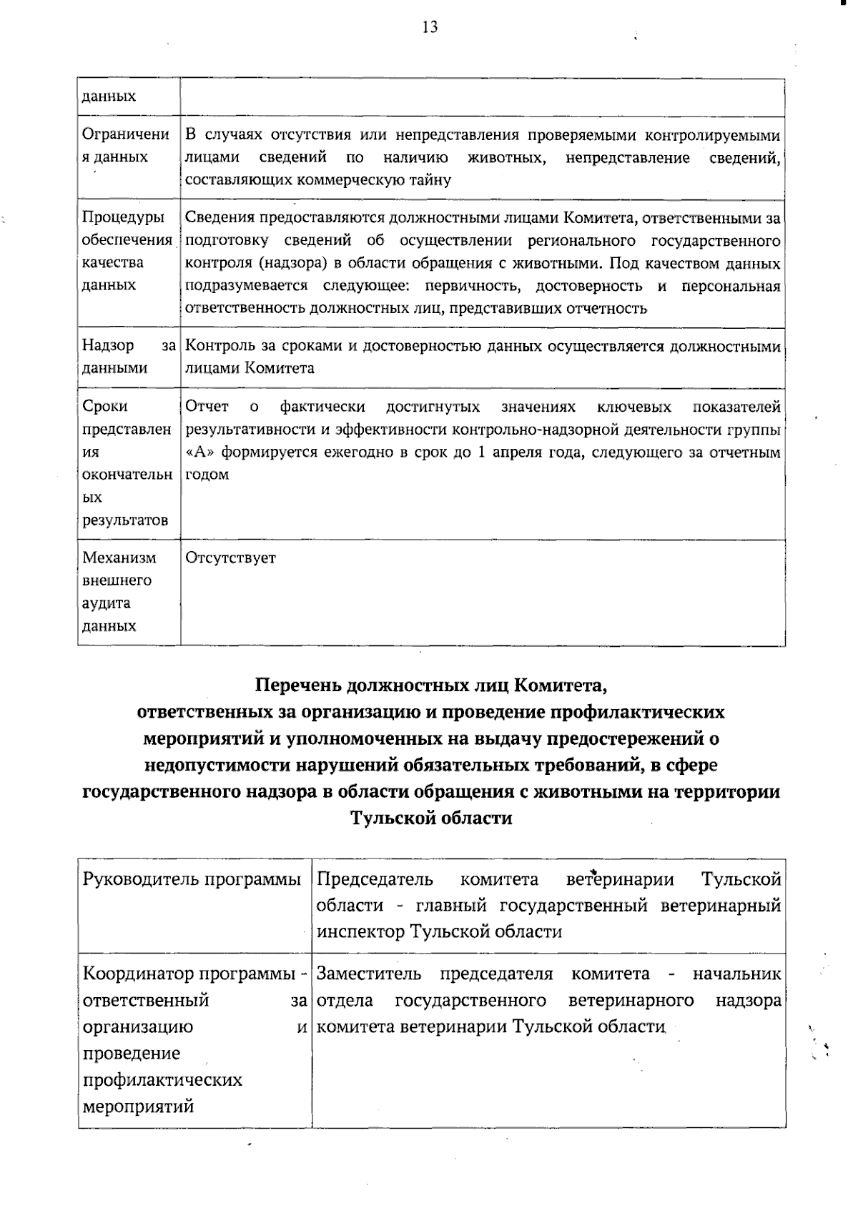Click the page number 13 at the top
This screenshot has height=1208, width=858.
pyautogui.click(x=430, y=27)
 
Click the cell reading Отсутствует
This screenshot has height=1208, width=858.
pyautogui.click(x=230, y=558)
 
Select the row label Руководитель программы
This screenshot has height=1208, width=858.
pyautogui.click(x=192, y=879)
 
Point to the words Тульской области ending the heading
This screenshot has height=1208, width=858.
pyautogui.click(x=430, y=818)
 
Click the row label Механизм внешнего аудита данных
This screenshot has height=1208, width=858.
pyautogui.click(x=118, y=591)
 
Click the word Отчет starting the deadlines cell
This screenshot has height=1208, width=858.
pyautogui.click(x=206, y=407)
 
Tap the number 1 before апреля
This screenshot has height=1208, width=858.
pyautogui.click(x=482, y=453)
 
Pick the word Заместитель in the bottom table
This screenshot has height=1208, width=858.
pyautogui.click(x=368, y=974)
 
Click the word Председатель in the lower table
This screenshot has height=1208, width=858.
pyautogui.click(x=375, y=879)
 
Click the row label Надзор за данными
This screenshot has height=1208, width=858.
pyautogui.click(x=127, y=357)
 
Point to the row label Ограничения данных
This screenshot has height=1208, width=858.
pyautogui.click(x=125, y=145)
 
